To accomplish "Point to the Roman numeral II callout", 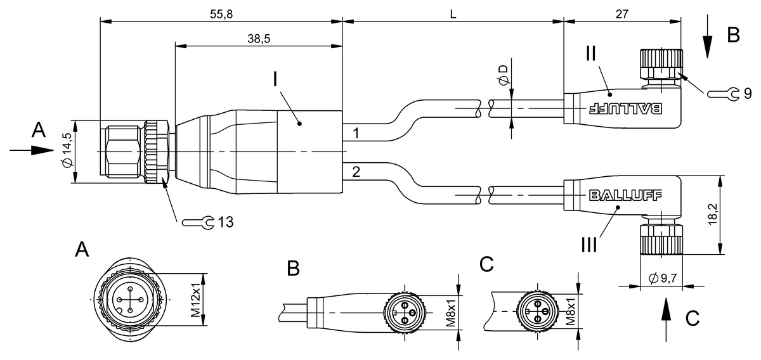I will coord(590,53).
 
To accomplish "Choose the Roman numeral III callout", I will coord(588,243).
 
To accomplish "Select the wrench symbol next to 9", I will coord(724,94).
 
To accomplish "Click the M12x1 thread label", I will coord(196,300).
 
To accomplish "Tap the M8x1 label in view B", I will coord(451,312).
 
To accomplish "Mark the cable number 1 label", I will coord(356,134).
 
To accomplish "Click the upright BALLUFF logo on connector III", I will coord(624,195).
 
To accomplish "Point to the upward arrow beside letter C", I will coord(665,313).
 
